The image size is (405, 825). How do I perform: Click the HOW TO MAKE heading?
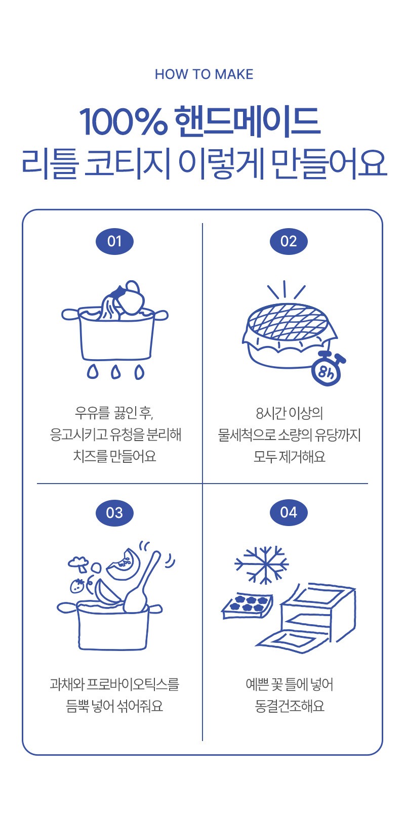(x=204, y=74)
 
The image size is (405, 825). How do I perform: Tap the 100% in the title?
(x=123, y=121)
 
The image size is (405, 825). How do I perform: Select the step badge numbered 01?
(x=114, y=241)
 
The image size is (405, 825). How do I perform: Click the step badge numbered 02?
(x=289, y=241)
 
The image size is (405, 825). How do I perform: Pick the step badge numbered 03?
(x=114, y=513)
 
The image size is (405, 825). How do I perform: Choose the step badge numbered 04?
(x=289, y=512)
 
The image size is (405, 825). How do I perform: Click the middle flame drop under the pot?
(x=116, y=372)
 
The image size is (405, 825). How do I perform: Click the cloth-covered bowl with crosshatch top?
(x=289, y=335)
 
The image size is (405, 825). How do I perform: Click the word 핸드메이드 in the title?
(x=247, y=121)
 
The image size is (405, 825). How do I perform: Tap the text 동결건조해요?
(x=290, y=706)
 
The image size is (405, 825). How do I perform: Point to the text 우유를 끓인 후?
(x=114, y=413)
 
